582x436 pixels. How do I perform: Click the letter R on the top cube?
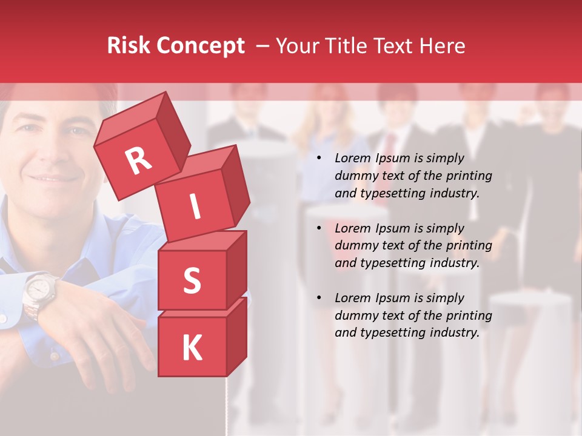(139, 160)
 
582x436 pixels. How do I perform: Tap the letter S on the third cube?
(192, 280)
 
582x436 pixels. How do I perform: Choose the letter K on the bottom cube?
(192, 348)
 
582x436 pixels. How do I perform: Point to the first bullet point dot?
(319, 159)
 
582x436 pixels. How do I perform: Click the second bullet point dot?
(319, 229)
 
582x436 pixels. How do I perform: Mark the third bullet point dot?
(319, 299)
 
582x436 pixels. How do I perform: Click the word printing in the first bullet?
(469, 176)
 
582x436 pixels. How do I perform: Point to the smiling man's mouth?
(55, 178)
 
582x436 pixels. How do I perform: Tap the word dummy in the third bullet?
(355, 315)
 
